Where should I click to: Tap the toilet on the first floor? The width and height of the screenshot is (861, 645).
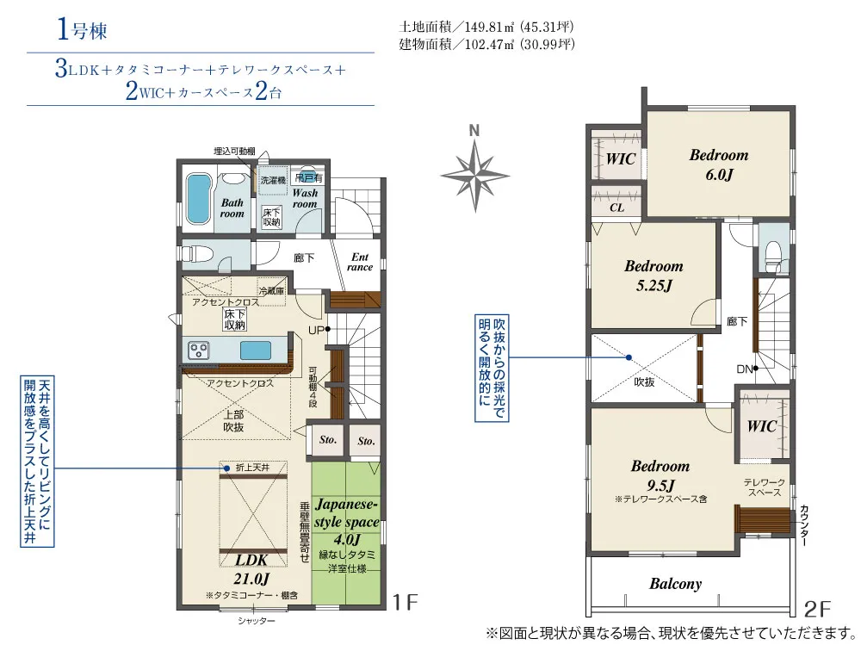[x=196, y=254]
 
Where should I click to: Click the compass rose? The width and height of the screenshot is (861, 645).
[x=475, y=176]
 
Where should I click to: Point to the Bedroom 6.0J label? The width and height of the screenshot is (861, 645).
[x=719, y=164]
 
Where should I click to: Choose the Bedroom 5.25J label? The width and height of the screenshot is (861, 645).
[x=653, y=276]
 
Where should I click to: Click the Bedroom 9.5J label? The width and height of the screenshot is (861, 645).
[x=660, y=475]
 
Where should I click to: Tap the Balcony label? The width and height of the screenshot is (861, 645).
[x=675, y=584]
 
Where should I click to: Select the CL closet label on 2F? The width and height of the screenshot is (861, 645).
[x=616, y=208]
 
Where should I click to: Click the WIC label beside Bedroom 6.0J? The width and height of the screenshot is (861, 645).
[x=621, y=159]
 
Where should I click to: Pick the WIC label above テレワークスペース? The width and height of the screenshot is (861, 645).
[x=762, y=425]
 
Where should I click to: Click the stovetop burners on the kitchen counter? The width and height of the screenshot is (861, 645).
[x=198, y=350]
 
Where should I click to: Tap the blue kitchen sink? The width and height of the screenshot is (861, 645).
[x=256, y=350]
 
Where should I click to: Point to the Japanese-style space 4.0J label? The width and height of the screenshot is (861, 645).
[x=346, y=521]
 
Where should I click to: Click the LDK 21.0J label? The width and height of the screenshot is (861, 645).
[x=252, y=569]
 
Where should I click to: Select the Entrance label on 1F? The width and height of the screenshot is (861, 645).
[x=360, y=262]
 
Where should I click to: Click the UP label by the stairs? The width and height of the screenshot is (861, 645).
[x=316, y=330]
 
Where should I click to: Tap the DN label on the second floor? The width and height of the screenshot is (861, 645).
[x=745, y=369]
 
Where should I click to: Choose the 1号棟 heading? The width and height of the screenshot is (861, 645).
[x=82, y=29]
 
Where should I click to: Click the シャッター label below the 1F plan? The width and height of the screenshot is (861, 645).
[x=257, y=621]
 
